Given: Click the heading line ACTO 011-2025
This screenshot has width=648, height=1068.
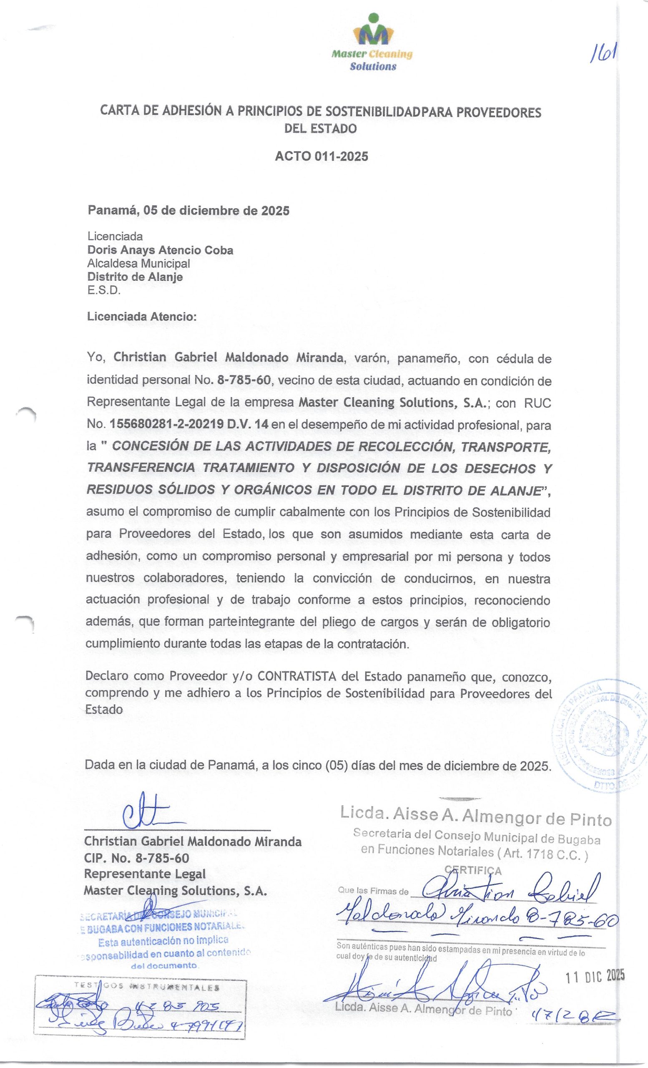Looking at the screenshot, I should coord(321,156).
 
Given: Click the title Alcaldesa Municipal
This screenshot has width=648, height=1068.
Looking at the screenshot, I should coord(138,263).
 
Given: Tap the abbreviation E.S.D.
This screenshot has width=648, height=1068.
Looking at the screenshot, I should coord(103,290).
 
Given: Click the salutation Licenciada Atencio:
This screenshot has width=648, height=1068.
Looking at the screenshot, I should coord(142,316).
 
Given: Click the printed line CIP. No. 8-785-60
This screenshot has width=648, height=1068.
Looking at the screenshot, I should coord(136,858).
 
